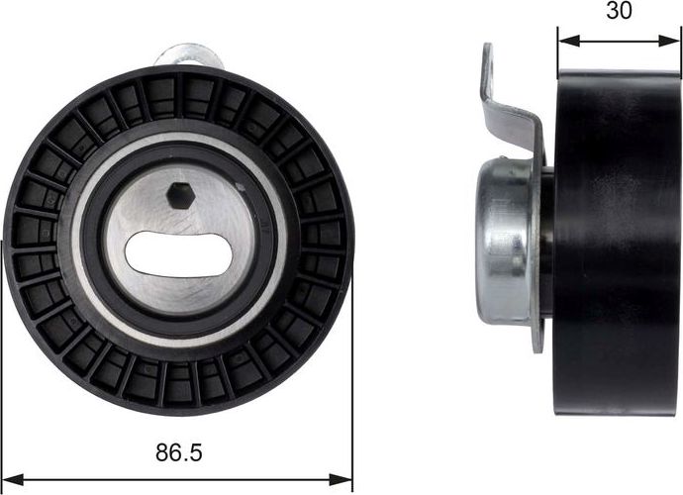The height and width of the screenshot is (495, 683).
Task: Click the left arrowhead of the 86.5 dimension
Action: pyautogui.click(x=10, y=480)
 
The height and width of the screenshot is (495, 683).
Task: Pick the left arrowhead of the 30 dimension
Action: pyautogui.click(x=564, y=42)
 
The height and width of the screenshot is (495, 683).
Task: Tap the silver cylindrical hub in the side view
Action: pyautogui.click(x=505, y=243)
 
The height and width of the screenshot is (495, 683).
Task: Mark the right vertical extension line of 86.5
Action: pyautogui.click(x=352, y=396)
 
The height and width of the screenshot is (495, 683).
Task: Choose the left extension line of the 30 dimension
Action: pyautogui.click(x=558, y=49)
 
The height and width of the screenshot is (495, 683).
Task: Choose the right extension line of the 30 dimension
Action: pyautogui.click(x=681, y=49)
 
